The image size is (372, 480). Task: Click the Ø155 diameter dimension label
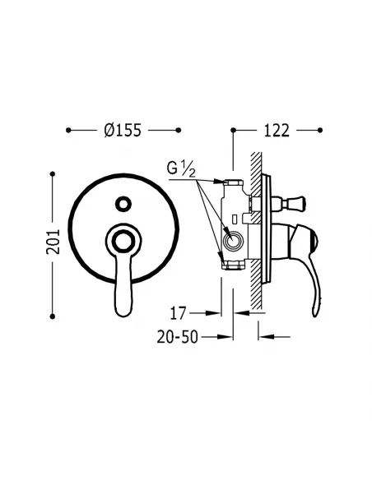pos(123,130)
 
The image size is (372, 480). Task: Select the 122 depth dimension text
pos(277,130)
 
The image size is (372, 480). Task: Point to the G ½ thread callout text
pos(181,169)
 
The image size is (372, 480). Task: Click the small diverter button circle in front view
pos(123,202)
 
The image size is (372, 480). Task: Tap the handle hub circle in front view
pos(123,241)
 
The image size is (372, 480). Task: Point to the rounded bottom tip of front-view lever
pos(123,311)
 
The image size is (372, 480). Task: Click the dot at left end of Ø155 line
pos(68,130)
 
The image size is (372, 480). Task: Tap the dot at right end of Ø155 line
pos(179,130)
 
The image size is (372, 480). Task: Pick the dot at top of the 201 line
pos(53,173)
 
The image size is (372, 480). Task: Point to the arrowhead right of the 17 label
pos(218,312)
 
